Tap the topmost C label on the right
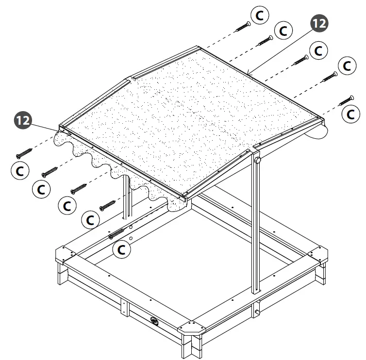[261, 15]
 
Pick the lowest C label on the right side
[349, 114]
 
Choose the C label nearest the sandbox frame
[121, 249]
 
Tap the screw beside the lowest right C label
[346, 100]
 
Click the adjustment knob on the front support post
[258, 160]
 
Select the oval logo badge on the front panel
[154, 320]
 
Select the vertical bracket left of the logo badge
[124, 308]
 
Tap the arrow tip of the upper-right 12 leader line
[248, 73]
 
